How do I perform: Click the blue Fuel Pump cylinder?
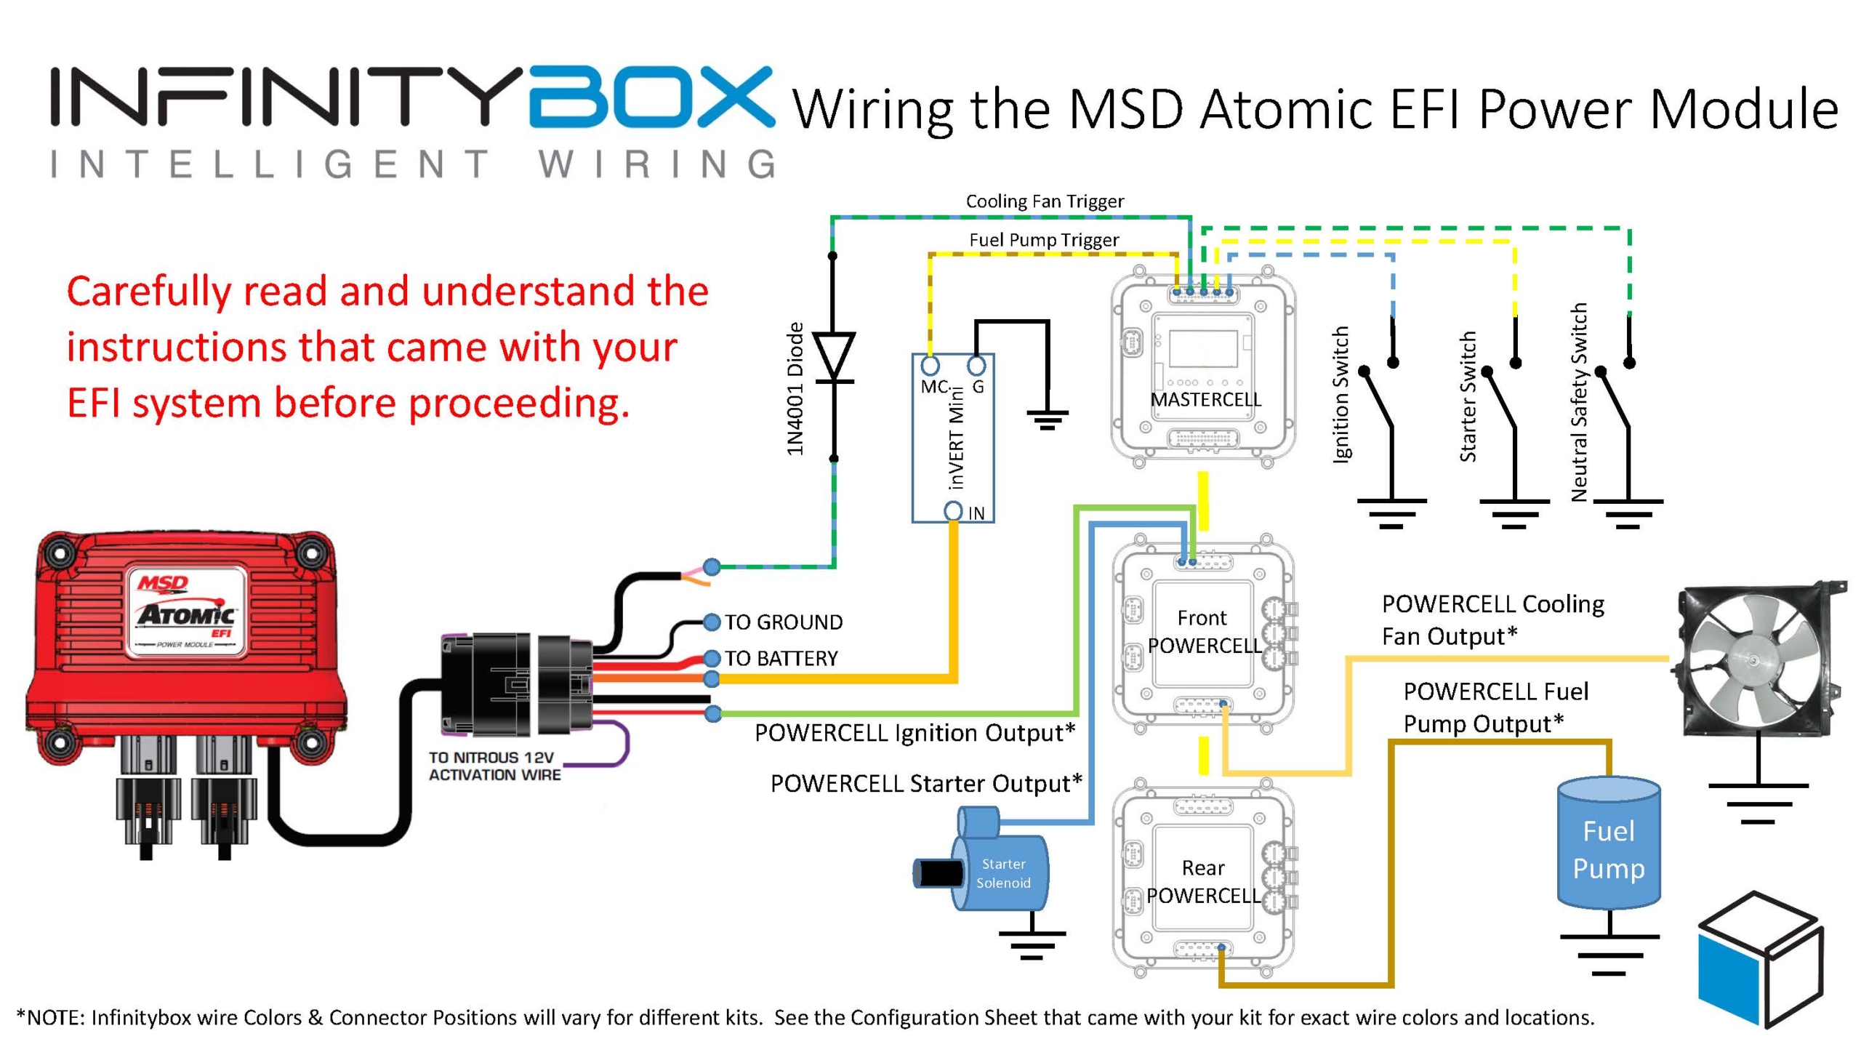1608,847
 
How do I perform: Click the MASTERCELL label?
1205,399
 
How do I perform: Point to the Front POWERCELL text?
1204,631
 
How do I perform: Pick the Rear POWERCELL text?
1203,881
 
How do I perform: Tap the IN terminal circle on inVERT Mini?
953,511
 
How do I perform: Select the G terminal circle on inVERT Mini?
977,365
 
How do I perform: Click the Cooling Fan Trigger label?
1044,201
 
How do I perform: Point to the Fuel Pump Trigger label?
1044,240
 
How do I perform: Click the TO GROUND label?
784,622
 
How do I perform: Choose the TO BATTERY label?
781,658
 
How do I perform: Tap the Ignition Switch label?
1341,393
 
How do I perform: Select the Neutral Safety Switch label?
1578,402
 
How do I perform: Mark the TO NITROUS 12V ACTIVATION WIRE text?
494,766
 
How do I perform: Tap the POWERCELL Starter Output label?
926,784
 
